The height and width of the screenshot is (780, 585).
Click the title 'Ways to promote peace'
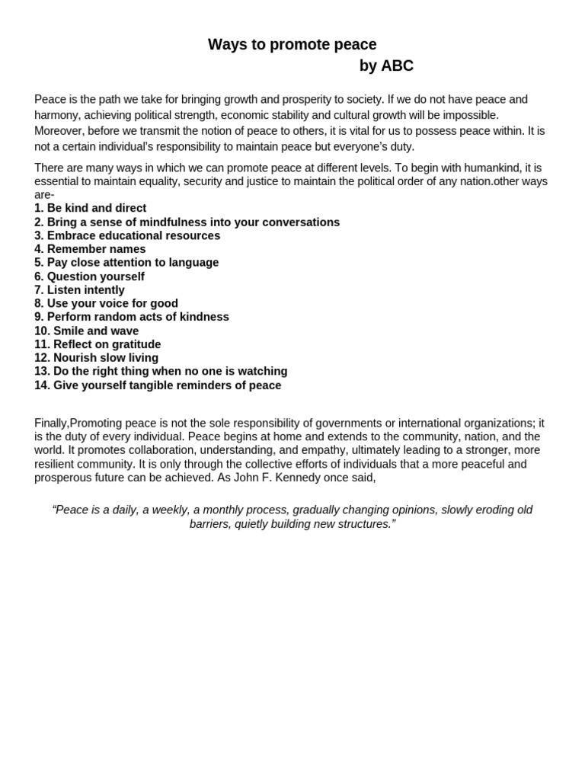pos(292,45)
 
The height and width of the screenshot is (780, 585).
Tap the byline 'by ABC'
pos(386,66)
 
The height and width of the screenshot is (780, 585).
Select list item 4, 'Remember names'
pos(90,249)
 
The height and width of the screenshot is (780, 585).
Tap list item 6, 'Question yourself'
pos(89,277)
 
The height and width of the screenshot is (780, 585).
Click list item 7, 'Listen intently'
pos(79,290)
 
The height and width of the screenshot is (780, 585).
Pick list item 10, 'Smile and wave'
pos(86,331)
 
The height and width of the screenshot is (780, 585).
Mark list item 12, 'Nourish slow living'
pos(96,358)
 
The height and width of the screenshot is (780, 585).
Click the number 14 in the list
pos(41,385)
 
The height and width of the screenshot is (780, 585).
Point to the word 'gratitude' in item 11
pos(135,344)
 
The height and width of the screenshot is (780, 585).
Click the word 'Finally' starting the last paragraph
pos(51,423)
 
